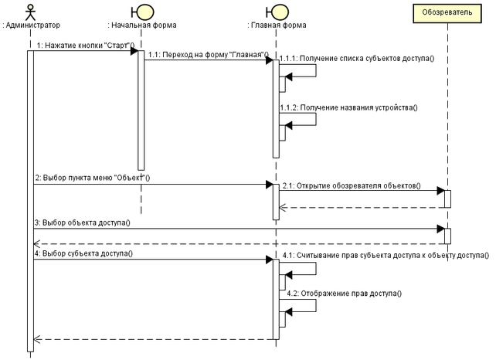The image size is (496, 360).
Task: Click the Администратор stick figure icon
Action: tap(31, 12)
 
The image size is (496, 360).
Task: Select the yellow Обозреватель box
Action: tap(447, 12)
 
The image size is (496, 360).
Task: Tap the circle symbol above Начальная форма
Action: tap(141, 12)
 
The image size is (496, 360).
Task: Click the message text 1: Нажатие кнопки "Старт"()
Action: tap(85, 45)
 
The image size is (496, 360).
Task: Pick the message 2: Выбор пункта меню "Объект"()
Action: tap(92, 178)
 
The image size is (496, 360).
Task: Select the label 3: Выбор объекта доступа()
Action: tap(82, 222)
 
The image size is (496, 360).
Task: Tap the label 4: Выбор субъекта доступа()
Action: tap(84, 253)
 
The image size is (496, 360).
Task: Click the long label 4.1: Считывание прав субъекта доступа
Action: tap(385, 255)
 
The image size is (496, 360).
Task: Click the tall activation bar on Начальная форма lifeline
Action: tap(141, 108)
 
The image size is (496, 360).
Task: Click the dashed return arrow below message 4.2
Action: tap(155, 338)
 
